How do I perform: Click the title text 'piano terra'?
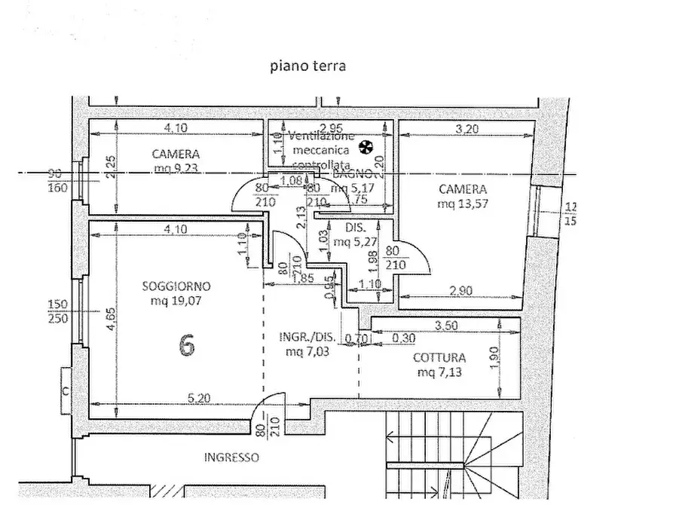(x=307, y=66)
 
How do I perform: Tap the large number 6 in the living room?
(x=187, y=344)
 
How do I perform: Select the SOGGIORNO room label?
(x=176, y=286)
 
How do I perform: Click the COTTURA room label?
(x=439, y=358)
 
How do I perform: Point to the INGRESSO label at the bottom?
(x=231, y=458)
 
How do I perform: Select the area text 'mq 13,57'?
(x=463, y=204)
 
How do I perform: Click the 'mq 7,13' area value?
(x=439, y=373)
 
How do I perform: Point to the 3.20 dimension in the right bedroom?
(x=467, y=128)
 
